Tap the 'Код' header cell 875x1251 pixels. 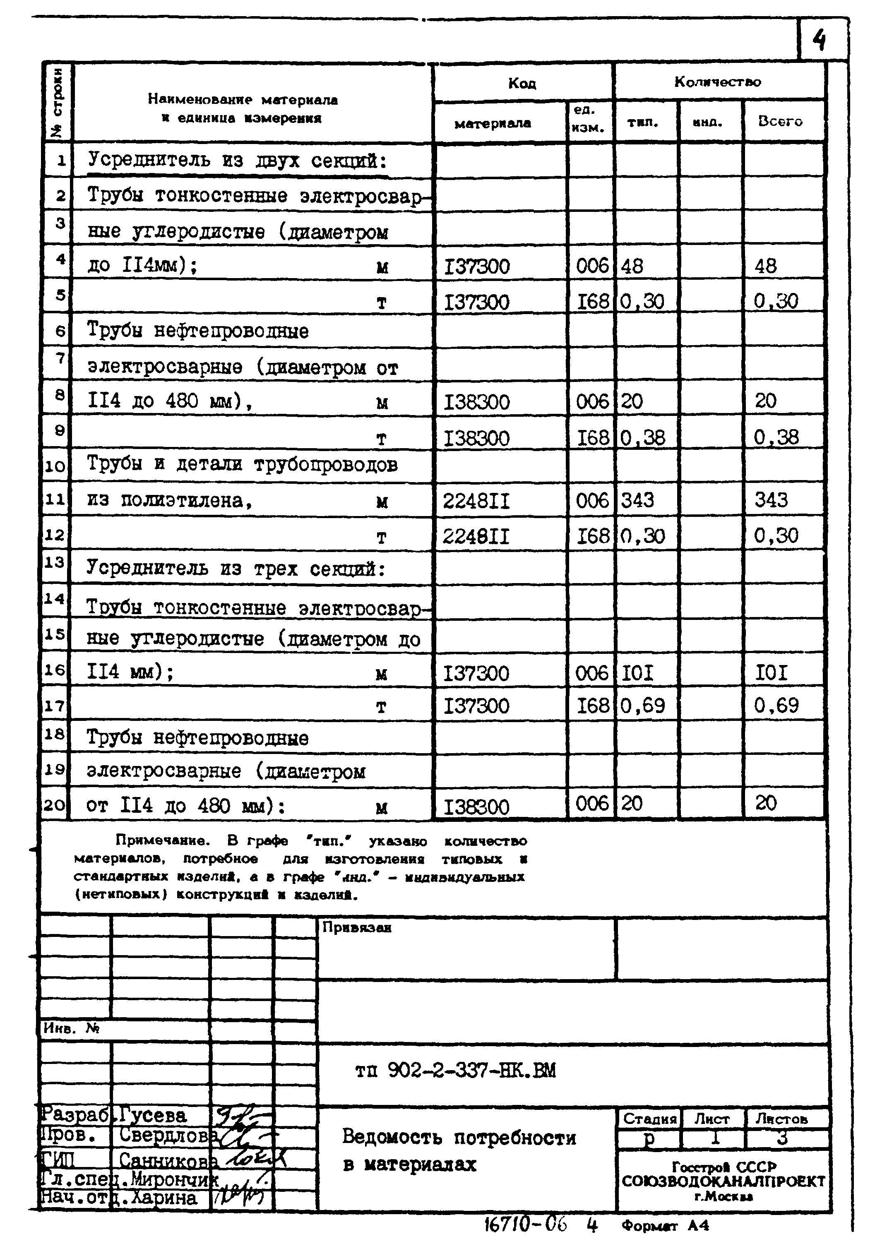click(522, 83)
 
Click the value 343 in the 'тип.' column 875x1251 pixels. click(637, 499)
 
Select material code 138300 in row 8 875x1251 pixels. click(477, 403)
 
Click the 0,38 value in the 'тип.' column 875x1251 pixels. click(642, 437)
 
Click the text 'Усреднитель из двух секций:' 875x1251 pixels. click(237, 160)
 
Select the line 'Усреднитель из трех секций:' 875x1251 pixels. click(236, 569)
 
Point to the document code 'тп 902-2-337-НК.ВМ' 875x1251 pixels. click(455, 1071)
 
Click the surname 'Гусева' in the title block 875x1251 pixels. click(153, 1115)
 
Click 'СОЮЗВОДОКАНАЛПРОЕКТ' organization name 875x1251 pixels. click(723, 1181)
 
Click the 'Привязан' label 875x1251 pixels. click(356, 927)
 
